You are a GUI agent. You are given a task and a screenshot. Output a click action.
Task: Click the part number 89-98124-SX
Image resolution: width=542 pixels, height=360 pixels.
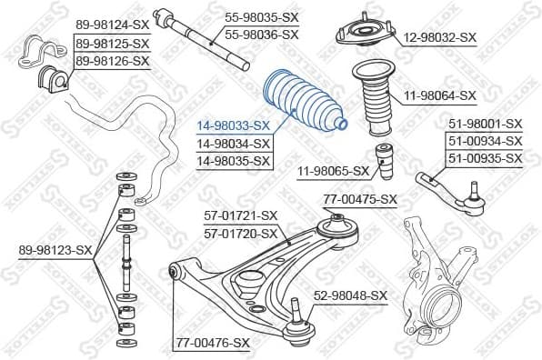click(x=112, y=25)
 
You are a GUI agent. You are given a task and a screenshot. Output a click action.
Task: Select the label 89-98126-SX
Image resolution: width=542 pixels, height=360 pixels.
click(x=112, y=61)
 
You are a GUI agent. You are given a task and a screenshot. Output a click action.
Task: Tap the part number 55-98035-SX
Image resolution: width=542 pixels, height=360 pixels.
click(x=261, y=16)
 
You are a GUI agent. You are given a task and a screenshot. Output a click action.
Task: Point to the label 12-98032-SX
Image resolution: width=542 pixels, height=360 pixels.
click(x=440, y=37)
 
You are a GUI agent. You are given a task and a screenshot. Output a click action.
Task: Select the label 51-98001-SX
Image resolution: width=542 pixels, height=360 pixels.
click(x=485, y=124)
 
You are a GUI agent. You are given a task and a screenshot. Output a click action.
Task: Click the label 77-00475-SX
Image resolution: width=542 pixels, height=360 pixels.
click(x=360, y=199)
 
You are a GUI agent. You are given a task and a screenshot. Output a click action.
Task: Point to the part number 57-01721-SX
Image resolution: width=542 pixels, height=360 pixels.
click(x=240, y=215)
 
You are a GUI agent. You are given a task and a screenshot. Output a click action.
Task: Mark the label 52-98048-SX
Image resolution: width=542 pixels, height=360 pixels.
click(x=351, y=295)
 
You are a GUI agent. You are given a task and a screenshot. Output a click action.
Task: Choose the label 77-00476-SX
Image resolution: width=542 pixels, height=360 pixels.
click(x=212, y=343)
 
